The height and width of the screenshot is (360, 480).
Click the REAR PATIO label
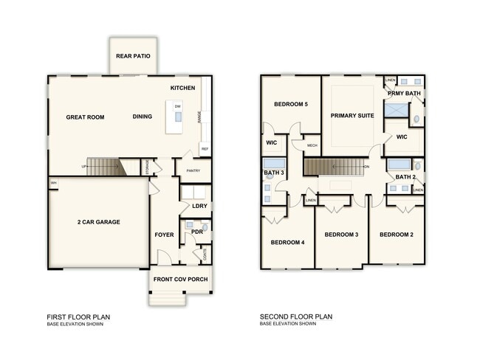point(133,56)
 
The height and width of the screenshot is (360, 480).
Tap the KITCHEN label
point(182,88)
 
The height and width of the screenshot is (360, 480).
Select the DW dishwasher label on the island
point(178,107)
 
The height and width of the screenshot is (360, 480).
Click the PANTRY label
point(193,171)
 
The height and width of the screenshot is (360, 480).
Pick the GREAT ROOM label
point(85,117)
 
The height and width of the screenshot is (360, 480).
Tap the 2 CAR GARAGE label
point(99,222)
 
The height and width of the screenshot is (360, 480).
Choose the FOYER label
point(164,235)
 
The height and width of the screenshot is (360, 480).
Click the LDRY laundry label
point(199,207)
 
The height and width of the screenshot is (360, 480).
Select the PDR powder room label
point(196,232)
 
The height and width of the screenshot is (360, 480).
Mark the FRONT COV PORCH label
point(180,280)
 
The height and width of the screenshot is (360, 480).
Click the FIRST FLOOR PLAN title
point(79,316)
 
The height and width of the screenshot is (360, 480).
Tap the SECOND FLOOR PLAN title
point(296,316)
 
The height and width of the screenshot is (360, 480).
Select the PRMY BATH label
point(405,94)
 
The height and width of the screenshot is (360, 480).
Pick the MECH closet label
point(312,145)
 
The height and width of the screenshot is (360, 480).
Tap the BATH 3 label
point(274,173)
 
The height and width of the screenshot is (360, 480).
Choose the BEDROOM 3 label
point(341,235)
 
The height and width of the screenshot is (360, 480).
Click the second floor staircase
point(336,167)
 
